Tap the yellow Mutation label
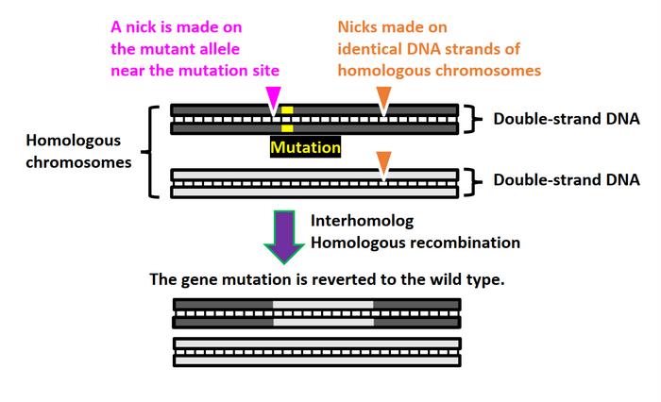click(x=305, y=147)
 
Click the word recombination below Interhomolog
click(x=462, y=243)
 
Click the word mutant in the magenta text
click(x=179, y=48)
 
